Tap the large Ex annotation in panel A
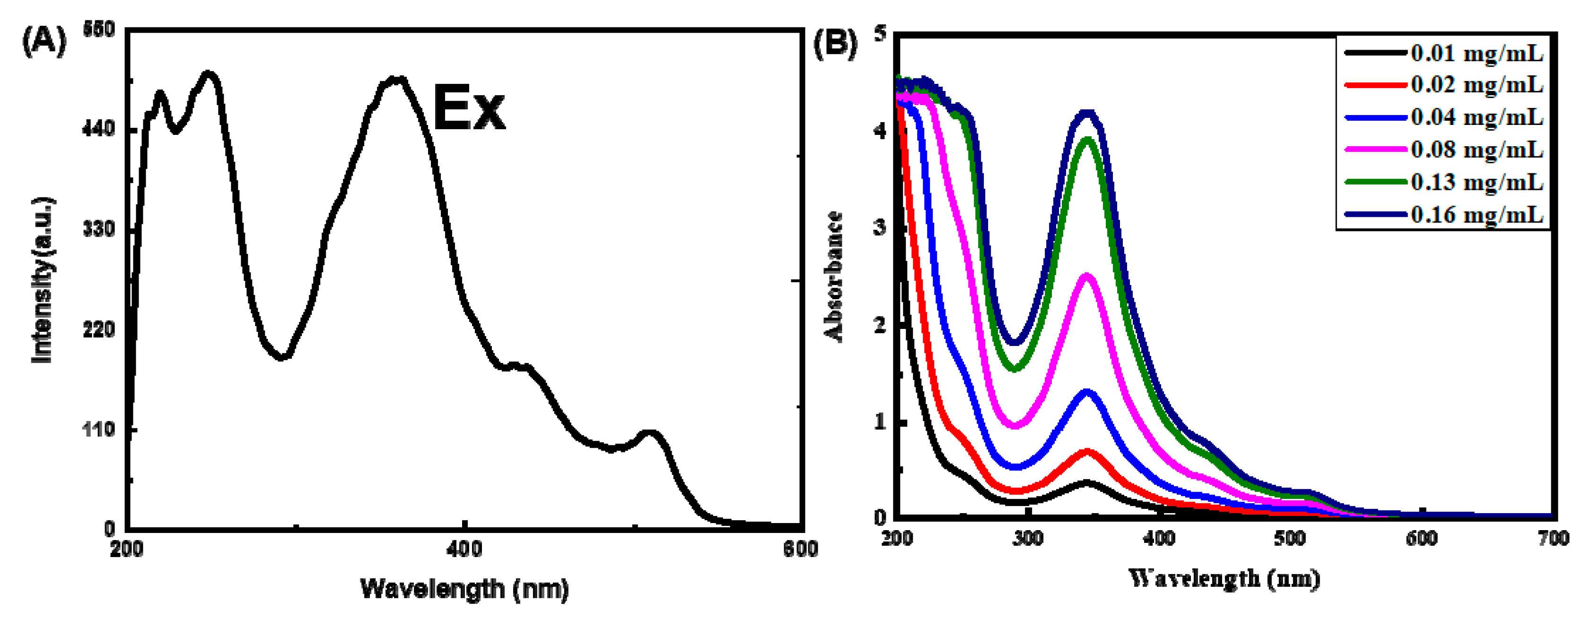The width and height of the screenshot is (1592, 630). pyautogui.click(x=469, y=109)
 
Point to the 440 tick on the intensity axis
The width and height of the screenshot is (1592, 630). pyautogui.click(x=99, y=129)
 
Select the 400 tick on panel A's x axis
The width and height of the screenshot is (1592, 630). pyautogui.click(x=464, y=549)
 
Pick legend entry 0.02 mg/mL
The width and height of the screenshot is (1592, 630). pyautogui.click(x=1477, y=84)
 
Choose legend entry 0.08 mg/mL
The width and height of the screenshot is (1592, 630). pyautogui.click(x=1477, y=149)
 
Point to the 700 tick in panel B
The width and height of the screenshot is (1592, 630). pyautogui.click(x=1552, y=539)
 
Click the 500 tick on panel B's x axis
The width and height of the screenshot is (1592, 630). pyautogui.click(x=1290, y=539)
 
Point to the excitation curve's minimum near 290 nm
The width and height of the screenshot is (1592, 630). pyautogui.click(x=282, y=357)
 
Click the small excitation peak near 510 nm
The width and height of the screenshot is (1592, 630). pyautogui.click(x=649, y=433)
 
